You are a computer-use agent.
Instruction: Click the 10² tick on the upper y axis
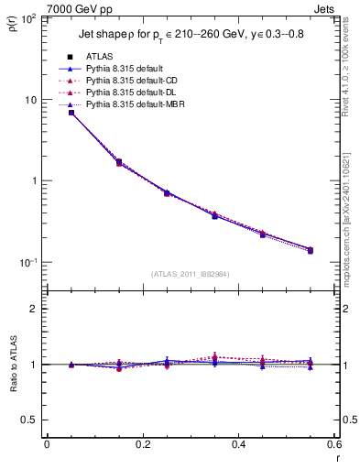27,18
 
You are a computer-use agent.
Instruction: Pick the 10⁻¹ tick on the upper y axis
27,262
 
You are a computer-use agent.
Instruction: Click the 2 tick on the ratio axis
35,309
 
